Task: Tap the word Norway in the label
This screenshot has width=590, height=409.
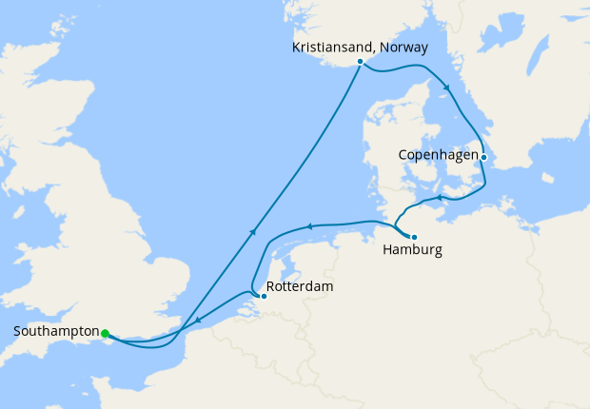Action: [403, 47]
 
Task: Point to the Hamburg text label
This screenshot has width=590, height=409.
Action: [412, 251]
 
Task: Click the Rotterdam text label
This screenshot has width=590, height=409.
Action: [300, 285]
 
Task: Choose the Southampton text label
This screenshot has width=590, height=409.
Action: [56, 331]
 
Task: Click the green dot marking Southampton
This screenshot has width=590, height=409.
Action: [105, 333]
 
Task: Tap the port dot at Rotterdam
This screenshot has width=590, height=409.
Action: [264, 296]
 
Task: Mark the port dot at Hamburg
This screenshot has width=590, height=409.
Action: [413, 236]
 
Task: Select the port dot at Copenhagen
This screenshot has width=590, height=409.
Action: [483, 157]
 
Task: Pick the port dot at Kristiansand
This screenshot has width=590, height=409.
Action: [360, 62]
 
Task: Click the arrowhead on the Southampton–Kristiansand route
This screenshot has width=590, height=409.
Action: [253, 230]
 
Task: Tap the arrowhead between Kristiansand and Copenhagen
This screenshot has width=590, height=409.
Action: [446, 88]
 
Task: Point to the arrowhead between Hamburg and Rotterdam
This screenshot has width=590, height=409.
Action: [308, 226]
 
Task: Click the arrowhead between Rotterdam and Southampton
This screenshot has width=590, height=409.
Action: [197, 321]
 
